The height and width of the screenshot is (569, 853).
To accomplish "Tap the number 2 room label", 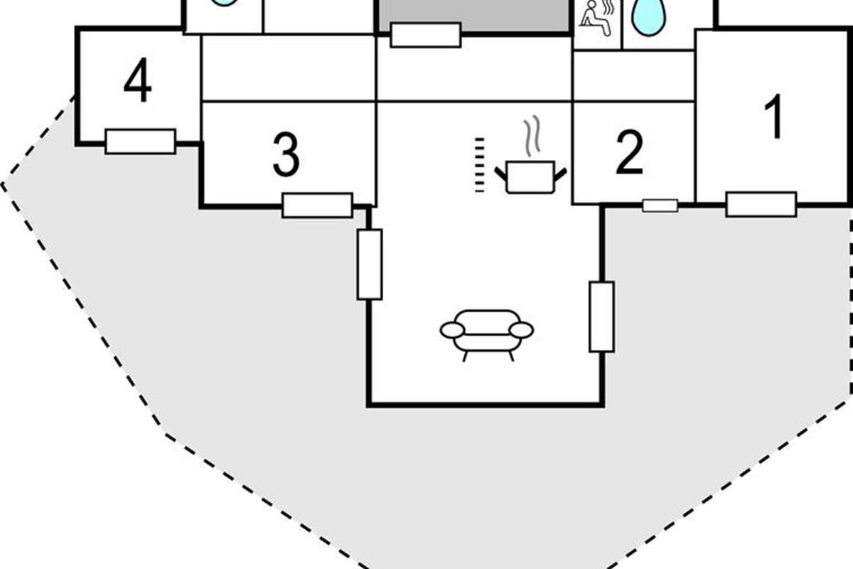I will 630,153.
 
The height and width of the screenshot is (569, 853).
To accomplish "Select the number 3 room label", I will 286,156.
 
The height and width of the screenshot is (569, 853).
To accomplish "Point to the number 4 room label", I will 137,83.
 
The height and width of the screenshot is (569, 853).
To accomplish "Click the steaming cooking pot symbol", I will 530,175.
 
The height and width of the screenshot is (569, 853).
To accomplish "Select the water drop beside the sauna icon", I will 648,16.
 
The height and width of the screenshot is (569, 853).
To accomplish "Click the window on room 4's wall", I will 140,142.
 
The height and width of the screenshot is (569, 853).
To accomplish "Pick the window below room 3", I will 317,206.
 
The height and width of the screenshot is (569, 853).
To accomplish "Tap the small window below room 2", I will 660,206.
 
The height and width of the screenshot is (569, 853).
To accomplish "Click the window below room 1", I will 761,205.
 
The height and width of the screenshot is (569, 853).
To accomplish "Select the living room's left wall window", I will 370,264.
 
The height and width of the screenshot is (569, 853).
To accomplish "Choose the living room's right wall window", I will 601,317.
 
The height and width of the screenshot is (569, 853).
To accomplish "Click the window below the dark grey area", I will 425,35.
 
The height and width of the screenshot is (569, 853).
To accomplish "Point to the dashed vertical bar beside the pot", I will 479,165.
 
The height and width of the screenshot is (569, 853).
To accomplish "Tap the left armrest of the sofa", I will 452,330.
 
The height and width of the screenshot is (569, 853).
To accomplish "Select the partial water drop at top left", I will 224,3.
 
